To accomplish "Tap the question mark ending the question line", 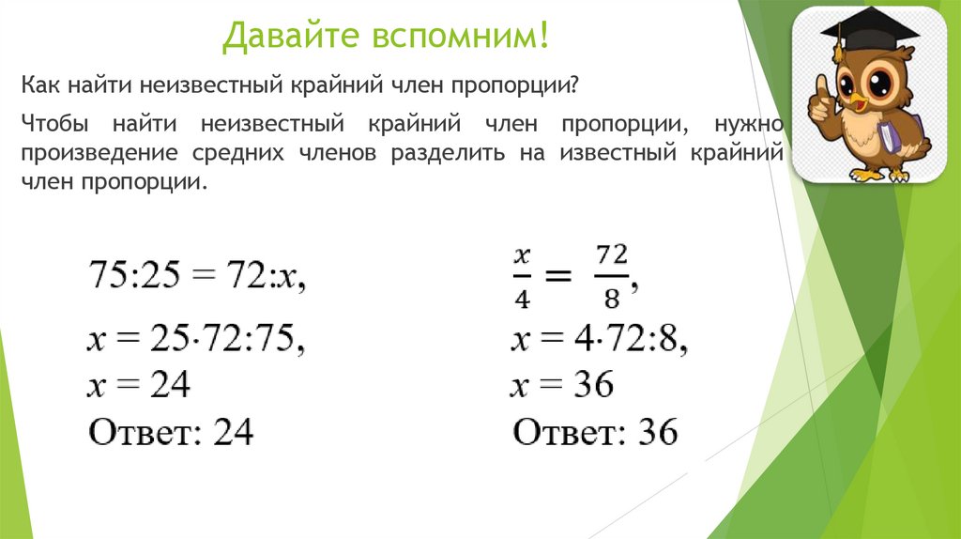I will [x=573, y=85].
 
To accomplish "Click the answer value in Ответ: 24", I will [x=234, y=432].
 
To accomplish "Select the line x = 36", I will [x=562, y=384].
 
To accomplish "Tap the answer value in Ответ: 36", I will [x=657, y=432].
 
